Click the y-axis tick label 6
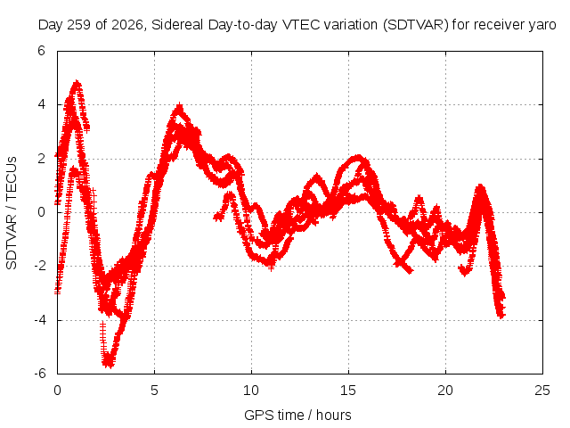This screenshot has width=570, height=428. point(42,51)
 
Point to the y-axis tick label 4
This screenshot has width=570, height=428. point(42,104)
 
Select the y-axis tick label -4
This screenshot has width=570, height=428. point(40,320)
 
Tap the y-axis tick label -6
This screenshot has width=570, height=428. point(40,374)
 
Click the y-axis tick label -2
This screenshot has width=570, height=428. point(40,266)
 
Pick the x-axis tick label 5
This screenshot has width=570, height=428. point(154,391)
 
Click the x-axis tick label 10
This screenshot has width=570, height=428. point(251,391)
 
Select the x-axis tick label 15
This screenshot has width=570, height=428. point(348,391)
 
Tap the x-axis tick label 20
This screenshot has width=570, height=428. point(445,391)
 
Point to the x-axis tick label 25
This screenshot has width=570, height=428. point(542,391)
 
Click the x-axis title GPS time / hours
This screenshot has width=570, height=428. point(297,416)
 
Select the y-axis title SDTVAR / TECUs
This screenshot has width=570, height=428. point(12,213)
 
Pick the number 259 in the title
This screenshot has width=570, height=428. point(79,25)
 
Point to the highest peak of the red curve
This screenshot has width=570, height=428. point(77,82)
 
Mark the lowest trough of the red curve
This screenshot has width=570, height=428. point(109,365)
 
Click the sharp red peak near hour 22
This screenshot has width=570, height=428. point(480,187)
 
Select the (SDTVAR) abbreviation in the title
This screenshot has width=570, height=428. point(416,25)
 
